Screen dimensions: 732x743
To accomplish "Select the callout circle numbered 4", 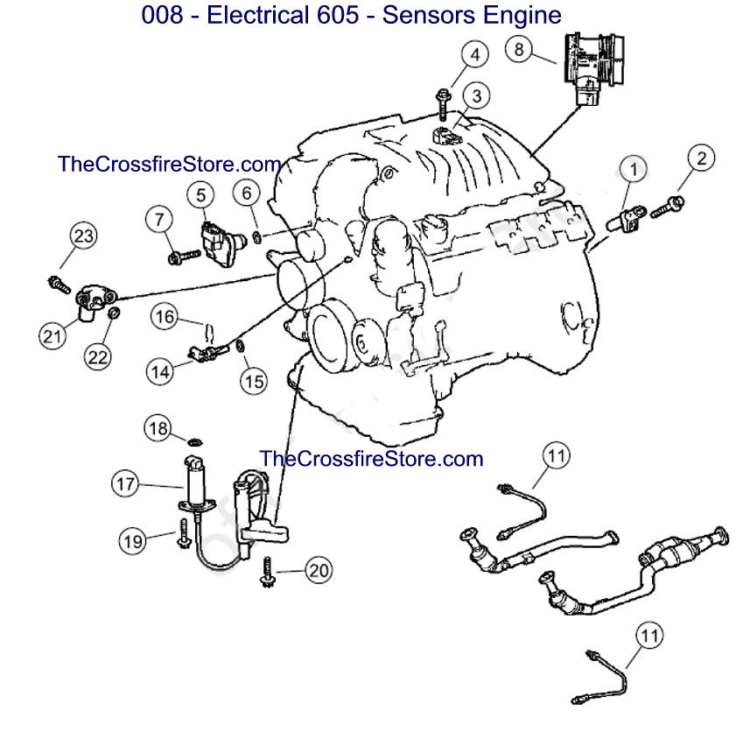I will coord(474,55).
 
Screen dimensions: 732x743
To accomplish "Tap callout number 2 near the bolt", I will coord(701,158).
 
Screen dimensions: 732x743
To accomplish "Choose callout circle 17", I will coord(125,482).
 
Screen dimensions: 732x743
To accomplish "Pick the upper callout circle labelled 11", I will coord(556,454).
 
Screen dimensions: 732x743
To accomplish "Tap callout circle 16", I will coord(164,316).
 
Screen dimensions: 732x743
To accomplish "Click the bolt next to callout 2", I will coord(669,205).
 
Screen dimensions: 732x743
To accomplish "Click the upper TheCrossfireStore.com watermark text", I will coord(169,164).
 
